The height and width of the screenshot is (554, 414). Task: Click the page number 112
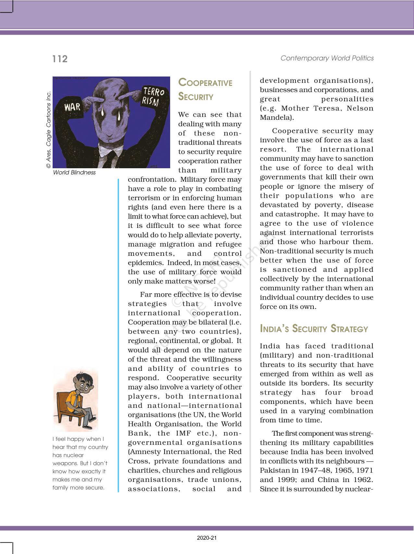tap(60, 59)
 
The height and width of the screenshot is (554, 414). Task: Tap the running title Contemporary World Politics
tap(327, 58)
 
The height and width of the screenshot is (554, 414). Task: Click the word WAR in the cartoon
tap(72, 107)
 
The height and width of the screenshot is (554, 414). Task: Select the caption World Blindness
tap(74, 172)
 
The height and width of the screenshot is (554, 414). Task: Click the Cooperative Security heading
tap(205, 89)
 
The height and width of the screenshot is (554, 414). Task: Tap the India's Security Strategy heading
tap(314, 329)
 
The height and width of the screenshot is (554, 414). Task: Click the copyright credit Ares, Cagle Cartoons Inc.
tap(49, 130)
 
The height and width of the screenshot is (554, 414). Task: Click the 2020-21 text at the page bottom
tap(207, 538)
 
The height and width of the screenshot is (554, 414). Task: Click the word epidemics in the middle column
tap(145, 263)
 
